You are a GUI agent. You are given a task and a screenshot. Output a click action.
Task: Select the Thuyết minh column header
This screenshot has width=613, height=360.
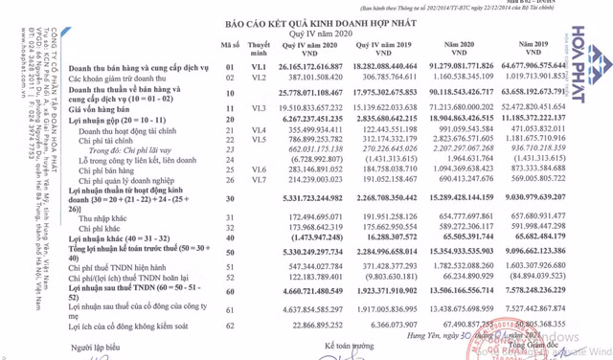point(258,46)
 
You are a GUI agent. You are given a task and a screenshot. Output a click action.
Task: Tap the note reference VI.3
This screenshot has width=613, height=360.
point(258,110)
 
